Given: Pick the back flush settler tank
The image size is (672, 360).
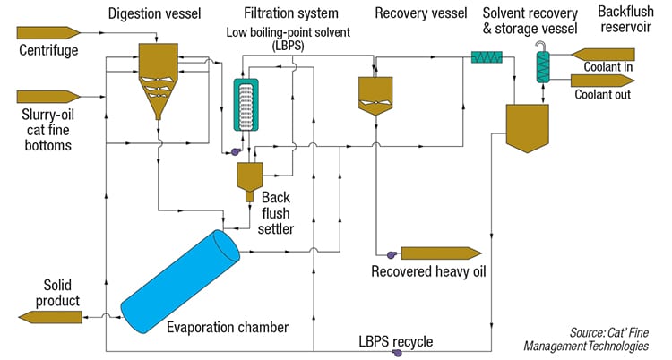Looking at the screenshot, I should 246,177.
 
